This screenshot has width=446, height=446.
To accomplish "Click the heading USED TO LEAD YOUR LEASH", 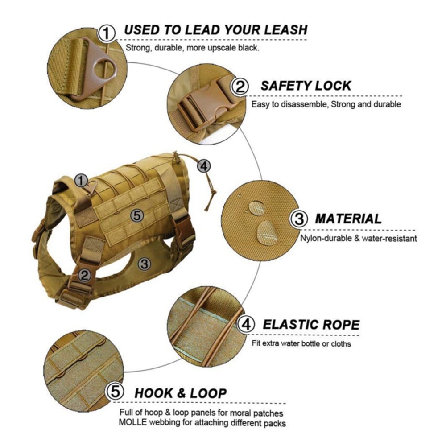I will (216, 30).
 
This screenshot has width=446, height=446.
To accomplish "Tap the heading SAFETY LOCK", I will (306, 86).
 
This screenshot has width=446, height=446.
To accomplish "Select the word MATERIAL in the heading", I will (348, 219).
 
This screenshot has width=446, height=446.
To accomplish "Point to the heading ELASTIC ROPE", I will (311, 324).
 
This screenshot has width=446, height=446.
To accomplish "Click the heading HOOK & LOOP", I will (181, 393).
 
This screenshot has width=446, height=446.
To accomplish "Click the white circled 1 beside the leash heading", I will (107, 33).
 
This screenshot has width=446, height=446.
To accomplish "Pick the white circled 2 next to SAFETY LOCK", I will (241, 87).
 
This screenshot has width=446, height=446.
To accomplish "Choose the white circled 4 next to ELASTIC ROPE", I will (246, 325).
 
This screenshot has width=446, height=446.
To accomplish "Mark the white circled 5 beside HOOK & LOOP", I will (115, 392).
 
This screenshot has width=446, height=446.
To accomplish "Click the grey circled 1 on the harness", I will (81, 181).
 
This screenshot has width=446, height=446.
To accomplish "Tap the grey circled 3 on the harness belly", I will (144, 264).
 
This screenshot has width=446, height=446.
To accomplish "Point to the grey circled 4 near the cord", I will (203, 166).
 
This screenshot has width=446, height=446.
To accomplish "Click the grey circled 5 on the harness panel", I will (137, 216).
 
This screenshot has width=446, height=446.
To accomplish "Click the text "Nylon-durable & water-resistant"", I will (359, 239).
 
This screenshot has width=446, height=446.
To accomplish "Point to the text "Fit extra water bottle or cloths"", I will (301, 344).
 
